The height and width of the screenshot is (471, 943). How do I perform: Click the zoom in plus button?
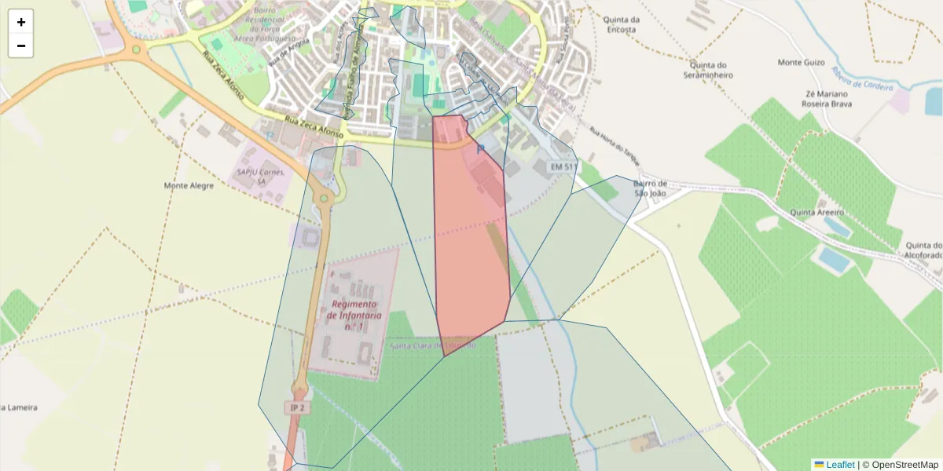click(x=20, y=22)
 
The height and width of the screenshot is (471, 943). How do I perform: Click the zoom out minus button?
click(x=20, y=46)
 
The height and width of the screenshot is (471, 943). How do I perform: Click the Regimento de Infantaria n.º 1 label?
click(x=355, y=315)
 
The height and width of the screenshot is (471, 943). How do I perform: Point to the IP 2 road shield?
click(x=296, y=408)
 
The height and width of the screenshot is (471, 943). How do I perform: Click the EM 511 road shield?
click(x=563, y=167)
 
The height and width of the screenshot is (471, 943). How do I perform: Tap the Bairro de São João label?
click(x=649, y=188)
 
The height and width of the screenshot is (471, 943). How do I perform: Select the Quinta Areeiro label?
click(x=816, y=213)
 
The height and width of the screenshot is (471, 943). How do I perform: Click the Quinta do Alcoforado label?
click(x=923, y=250)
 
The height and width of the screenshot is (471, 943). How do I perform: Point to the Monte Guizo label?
click(x=801, y=62)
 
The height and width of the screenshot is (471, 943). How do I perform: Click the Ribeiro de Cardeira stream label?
click(x=863, y=78)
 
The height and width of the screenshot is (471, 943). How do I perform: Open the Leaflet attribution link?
click(x=839, y=465)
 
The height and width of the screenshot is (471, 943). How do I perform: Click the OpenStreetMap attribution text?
click(x=900, y=465)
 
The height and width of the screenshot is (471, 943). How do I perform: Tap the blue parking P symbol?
click(x=481, y=148)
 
